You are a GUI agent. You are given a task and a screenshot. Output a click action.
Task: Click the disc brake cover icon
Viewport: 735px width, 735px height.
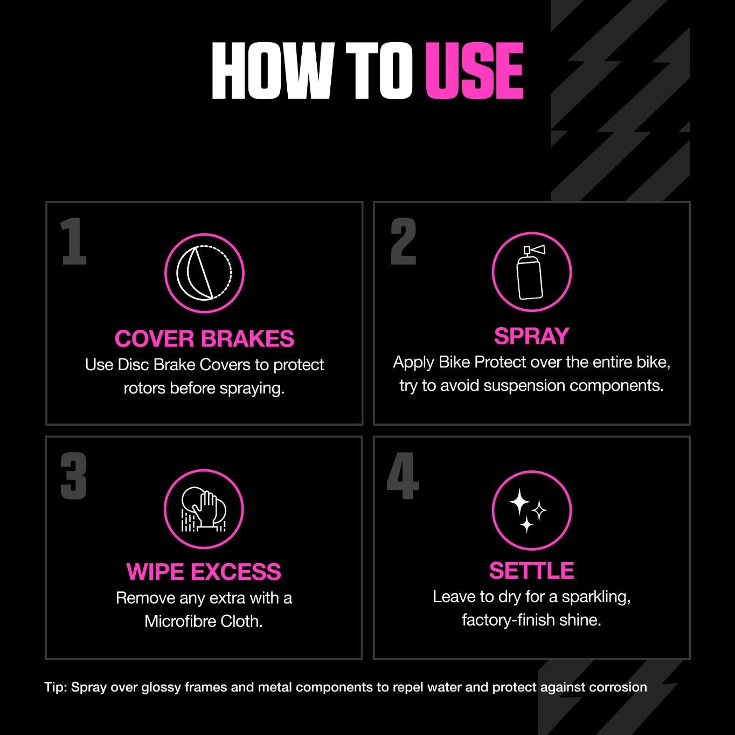pos(204,273)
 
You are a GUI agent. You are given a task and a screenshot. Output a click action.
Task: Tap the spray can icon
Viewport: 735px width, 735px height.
pos(531,272)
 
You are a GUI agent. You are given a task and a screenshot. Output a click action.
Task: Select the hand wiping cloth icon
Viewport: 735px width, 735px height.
pos(204,509)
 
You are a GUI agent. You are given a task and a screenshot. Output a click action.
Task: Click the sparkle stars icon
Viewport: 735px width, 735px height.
pos(531,510)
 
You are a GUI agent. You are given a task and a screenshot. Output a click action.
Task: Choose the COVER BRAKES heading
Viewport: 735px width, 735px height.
pos(204,338)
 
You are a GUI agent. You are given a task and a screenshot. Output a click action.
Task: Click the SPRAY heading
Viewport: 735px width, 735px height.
pos(531,336)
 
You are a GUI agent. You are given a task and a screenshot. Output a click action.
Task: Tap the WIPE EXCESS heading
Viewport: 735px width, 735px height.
pos(204,572)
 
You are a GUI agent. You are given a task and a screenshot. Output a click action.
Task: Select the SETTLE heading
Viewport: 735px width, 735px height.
pos(531,570)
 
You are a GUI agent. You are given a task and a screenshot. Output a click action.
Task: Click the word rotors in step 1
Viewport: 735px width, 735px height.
pos(144,388)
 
